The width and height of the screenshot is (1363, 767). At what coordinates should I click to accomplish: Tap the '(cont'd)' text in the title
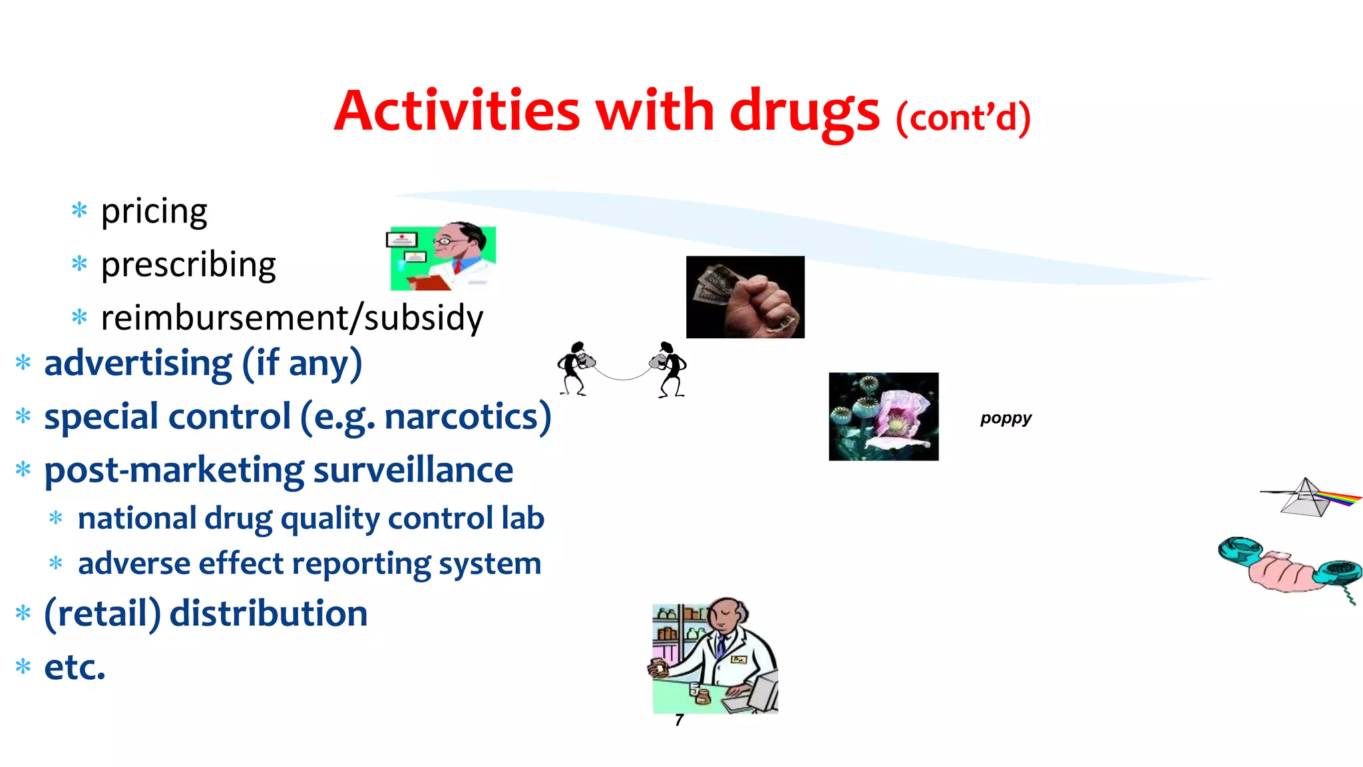tap(963, 118)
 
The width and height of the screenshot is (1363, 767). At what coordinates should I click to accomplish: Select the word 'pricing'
tap(154, 212)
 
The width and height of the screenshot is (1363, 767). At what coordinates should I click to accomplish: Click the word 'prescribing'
tap(188, 265)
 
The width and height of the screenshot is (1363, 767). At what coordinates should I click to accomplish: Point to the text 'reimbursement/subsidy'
tap(292, 318)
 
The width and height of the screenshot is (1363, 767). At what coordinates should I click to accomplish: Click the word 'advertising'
tap(138, 364)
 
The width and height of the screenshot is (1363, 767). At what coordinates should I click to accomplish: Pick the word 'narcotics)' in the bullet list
tap(468, 417)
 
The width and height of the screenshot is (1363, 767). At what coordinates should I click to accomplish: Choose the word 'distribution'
tap(268, 613)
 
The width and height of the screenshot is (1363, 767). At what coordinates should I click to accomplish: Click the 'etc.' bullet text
tap(75, 667)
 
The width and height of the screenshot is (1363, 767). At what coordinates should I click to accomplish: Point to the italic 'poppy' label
tap(1006, 418)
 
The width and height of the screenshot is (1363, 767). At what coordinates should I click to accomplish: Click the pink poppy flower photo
tap(883, 416)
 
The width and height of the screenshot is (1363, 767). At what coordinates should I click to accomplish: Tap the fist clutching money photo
tap(745, 297)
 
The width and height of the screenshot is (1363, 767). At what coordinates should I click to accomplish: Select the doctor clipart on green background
tap(443, 258)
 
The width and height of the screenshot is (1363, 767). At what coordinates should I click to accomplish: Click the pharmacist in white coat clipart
tap(715, 656)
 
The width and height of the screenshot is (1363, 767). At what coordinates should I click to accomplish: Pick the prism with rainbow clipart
tap(1309, 497)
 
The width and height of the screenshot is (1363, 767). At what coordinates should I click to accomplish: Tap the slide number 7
tap(679, 720)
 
